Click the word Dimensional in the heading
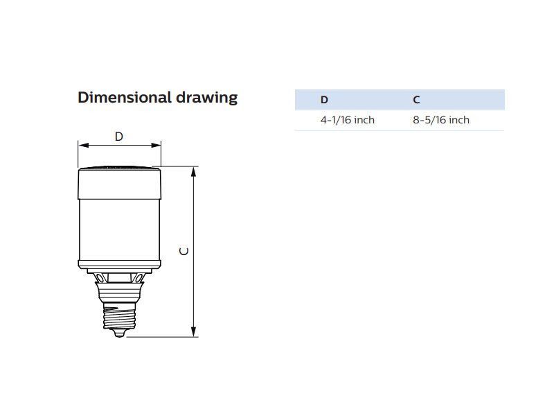click(125, 97)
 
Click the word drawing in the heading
click(206, 98)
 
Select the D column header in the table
click(324, 100)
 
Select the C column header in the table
click(416, 100)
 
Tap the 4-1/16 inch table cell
click(348, 120)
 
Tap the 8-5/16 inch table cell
click(441, 120)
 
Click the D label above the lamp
click(119, 137)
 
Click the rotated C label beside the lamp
click(184, 251)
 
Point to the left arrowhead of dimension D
click(84, 145)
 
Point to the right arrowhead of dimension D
click(156, 145)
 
